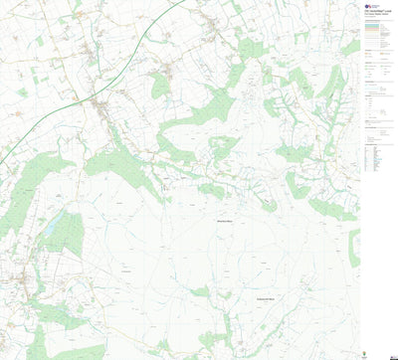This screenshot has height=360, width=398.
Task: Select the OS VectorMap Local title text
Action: (x=382, y=5)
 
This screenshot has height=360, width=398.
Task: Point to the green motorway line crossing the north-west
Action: (x=60, y=109)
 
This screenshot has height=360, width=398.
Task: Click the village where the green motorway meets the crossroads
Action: (x=99, y=102)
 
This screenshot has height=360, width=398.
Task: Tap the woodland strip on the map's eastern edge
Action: (x=354, y=248)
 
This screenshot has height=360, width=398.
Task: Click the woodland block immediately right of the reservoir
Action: (x=68, y=234)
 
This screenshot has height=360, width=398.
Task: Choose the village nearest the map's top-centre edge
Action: (x=169, y=70)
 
